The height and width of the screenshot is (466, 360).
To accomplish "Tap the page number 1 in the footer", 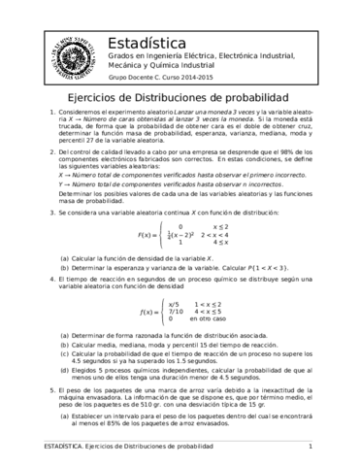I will click(x=310, y=446).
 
